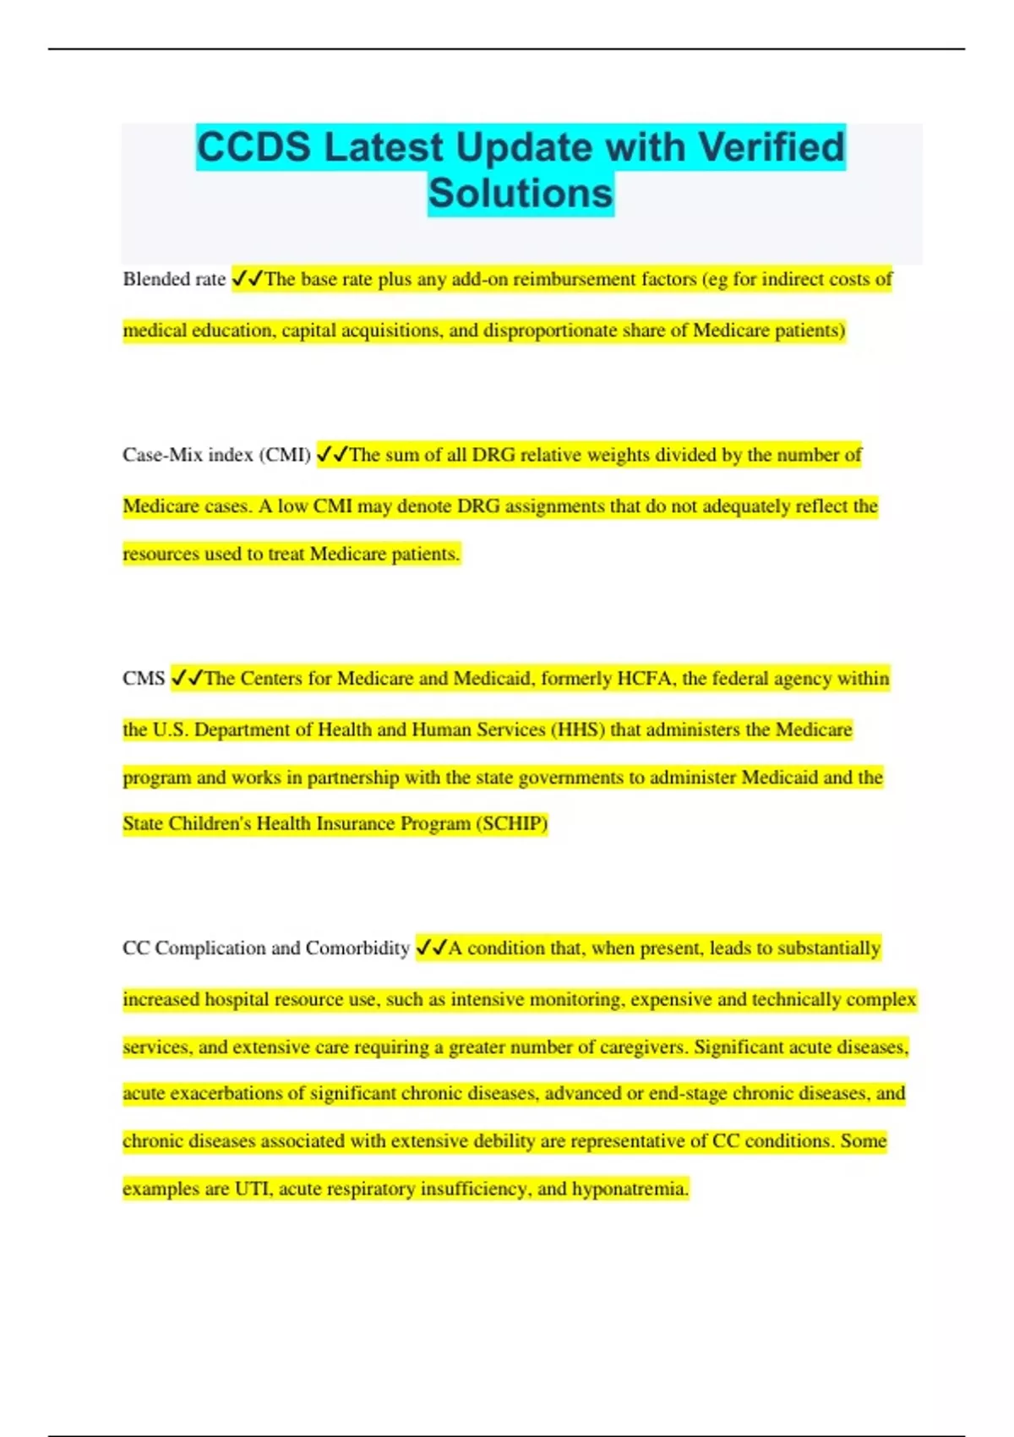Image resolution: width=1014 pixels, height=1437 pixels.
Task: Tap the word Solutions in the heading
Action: point(521,193)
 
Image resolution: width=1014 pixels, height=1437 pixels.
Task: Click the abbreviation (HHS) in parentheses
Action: point(578,729)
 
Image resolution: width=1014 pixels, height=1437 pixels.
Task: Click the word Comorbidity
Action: point(357,948)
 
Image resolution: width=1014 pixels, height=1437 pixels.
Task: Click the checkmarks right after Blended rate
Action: point(247,279)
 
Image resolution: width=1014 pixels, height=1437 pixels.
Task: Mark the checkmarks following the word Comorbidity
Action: point(431,948)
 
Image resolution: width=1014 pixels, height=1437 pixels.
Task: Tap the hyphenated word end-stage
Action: point(688,1094)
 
